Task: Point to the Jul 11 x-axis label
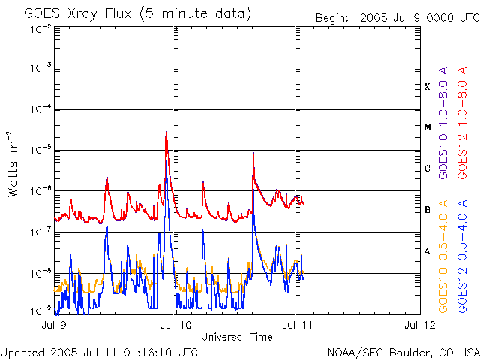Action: pyautogui.click(x=298, y=325)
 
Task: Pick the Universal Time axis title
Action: pyautogui.click(x=236, y=337)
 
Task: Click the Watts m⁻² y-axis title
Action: pyautogui.click(x=13, y=163)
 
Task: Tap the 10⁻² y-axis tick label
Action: pyautogui.click(x=40, y=28)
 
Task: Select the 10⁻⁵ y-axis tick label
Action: pyautogui.click(x=40, y=150)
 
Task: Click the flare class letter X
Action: pyautogui.click(x=427, y=87)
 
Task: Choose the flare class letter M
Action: pyautogui.click(x=427, y=127)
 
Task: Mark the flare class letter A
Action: pyautogui.click(x=427, y=251)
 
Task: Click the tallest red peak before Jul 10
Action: pyautogui.click(x=166, y=133)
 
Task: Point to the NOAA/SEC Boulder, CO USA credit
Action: pyautogui.click(x=403, y=352)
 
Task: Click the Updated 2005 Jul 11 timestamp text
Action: pyautogui.click(x=100, y=352)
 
